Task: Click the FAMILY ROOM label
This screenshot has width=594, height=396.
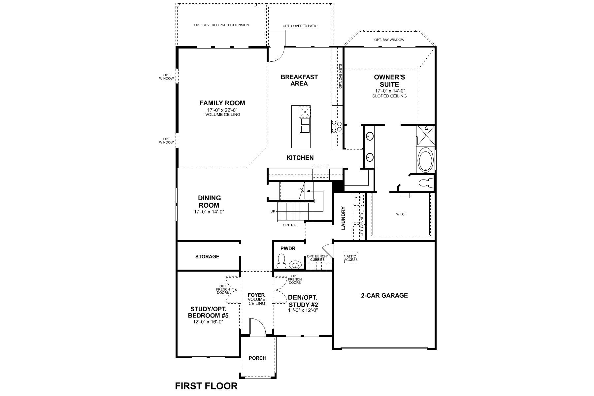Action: pyautogui.click(x=222, y=103)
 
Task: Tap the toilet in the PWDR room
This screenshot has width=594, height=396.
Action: pyautogui.click(x=281, y=261)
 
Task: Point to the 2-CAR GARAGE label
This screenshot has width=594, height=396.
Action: pyautogui.click(x=384, y=295)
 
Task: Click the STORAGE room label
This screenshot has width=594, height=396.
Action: pyautogui.click(x=207, y=256)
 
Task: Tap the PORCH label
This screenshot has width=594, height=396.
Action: pyautogui.click(x=257, y=358)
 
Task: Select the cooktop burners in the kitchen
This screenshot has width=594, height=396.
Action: pyautogui.click(x=337, y=126)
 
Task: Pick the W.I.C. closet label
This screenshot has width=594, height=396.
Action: pyautogui.click(x=401, y=214)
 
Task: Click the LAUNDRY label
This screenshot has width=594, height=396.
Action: pyautogui.click(x=343, y=218)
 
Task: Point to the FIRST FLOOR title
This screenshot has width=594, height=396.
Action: pyautogui.click(x=206, y=386)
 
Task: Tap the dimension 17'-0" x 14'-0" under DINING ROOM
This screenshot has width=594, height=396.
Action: pyautogui.click(x=209, y=212)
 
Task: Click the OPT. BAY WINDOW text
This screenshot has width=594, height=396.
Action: pyautogui.click(x=389, y=40)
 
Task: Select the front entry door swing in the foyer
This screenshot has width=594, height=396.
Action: pyautogui.click(x=257, y=327)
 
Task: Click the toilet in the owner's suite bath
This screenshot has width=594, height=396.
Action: pyautogui.click(x=426, y=182)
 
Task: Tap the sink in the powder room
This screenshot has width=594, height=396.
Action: pyautogui.click(x=295, y=264)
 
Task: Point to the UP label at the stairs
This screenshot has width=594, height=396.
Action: pyautogui.click(x=273, y=211)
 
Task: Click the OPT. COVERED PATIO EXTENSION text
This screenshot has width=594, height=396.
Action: pyautogui.click(x=221, y=25)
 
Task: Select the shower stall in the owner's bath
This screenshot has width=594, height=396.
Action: pyautogui.click(x=426, y=135)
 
